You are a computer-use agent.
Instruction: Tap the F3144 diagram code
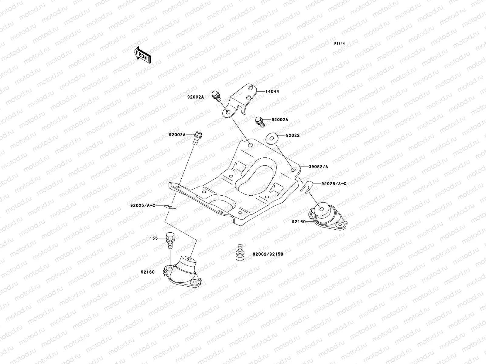point(340,44)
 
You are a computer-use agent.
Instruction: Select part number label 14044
point(272,91)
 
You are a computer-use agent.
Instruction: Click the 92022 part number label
point(293,135)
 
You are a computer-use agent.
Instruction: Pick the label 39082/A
point(318,167)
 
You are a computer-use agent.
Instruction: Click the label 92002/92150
point(268,254)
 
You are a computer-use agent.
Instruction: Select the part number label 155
point(154,238)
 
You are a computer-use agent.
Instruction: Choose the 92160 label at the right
point(299,222)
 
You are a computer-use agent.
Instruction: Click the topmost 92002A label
point(194,97)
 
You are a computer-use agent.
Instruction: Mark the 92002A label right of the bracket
point(279,120)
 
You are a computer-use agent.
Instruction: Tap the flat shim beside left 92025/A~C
point(170,207)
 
